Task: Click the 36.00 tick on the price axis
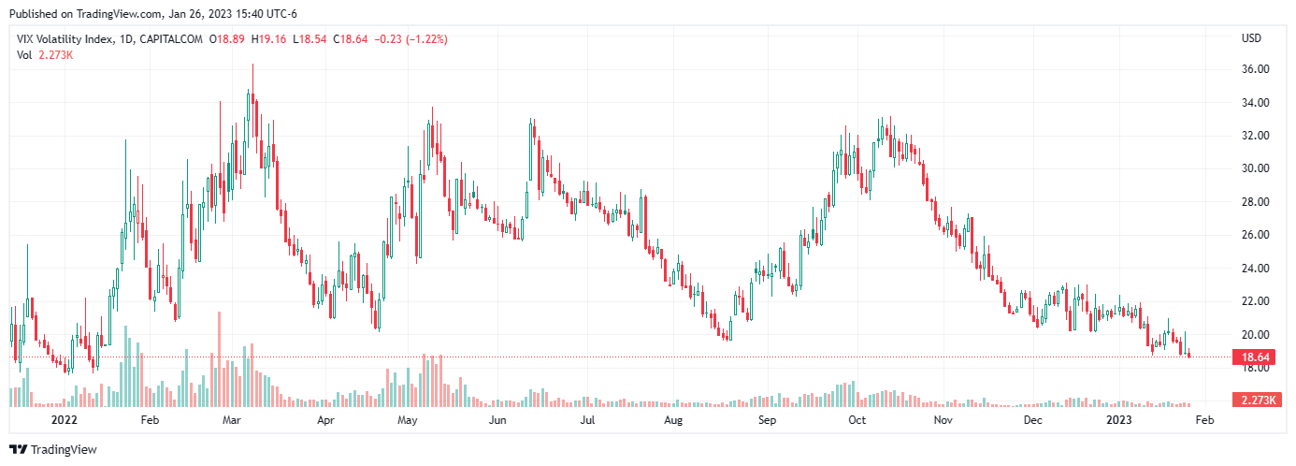pyautogui.click(x=1254, y=69)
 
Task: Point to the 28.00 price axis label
pyautogui.click(x=1254, y=202)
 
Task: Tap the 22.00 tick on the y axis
pyautogui.click(x=1254, y=301)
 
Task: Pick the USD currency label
pyautogui.click(x=1251, y=38)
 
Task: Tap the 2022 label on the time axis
pyautogui.click(x=64, y=421)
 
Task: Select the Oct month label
pyautogui.click(x=857, y=421)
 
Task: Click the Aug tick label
pyautogui.click(x=673, y=421)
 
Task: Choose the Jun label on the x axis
pyautogui.click(x=497, y=421)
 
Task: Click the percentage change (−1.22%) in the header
pyautogui.click(x=426, y=39)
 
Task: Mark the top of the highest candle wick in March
pyautogui.click(x=252, y=65)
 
